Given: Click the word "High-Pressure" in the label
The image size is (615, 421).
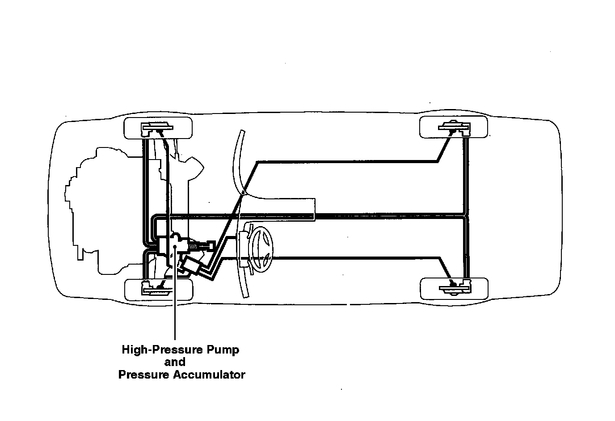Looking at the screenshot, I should [150, 349].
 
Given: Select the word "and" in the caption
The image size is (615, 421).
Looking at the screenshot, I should [175, 362].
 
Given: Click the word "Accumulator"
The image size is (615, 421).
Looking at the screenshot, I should [209, 375].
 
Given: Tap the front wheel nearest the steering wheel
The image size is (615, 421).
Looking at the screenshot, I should [159, 289].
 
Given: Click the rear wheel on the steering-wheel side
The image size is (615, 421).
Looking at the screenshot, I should [454, 288].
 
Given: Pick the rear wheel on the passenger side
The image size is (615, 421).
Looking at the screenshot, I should [454, 127].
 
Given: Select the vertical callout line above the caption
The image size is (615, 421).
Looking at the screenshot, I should [175, 304].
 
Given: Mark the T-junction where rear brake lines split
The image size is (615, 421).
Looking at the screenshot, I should [465, 218].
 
